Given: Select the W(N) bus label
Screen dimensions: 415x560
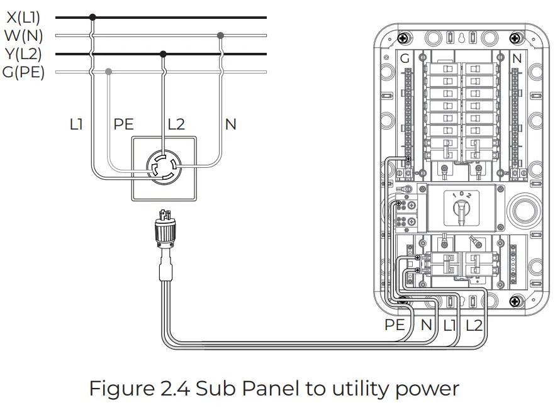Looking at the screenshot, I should [23, 36].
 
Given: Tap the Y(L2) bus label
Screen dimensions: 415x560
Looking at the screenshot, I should [24, 54].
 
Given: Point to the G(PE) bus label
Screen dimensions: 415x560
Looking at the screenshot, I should [23, 72].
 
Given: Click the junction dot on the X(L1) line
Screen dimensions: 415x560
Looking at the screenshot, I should [93, 17].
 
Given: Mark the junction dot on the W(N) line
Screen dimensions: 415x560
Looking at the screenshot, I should [220, 35].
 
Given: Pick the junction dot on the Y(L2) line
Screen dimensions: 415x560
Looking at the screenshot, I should [164, 54].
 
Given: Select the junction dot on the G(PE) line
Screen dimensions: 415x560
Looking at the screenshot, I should [109, 72].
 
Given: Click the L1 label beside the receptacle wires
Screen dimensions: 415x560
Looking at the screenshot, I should [77, 124].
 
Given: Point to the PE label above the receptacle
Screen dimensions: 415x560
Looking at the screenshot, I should [124, 124].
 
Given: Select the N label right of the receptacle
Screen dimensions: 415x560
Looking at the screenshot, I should [230, 124].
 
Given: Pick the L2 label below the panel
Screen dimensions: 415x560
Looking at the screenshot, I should [474, 326].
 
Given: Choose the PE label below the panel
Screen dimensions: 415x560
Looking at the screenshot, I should [395, 326].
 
